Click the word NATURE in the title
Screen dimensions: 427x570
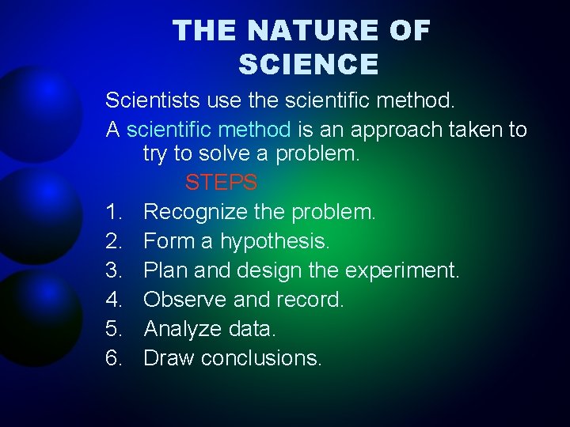click(314, 31)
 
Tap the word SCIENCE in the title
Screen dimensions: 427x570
click(309, 64)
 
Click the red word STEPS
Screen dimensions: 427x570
click(221, 183)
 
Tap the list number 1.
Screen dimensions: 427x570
click(113, 212)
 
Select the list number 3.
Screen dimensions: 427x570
click(113, 270)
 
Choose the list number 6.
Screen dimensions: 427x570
click(113, 358)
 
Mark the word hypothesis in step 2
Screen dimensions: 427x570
click(275, 241)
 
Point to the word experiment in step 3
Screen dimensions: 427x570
click(401, 270)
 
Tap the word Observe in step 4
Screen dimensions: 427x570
click(184, 300)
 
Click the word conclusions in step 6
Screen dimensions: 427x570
click(261, 358)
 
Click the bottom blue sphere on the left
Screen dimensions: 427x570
click(40, 316)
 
